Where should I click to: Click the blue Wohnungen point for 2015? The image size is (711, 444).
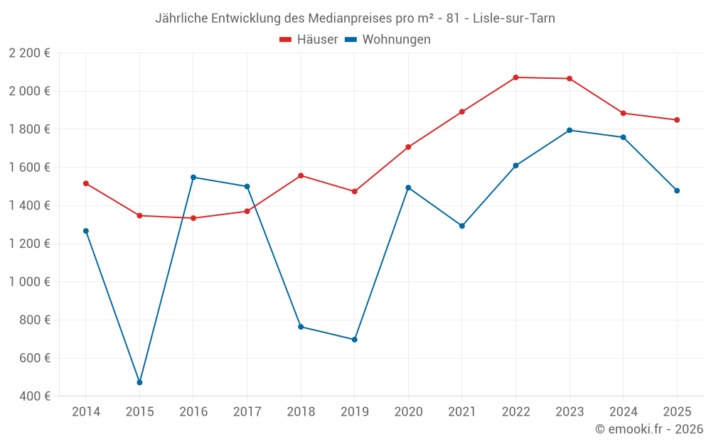pos(139,382)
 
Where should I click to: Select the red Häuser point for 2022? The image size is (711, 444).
pos(515,77)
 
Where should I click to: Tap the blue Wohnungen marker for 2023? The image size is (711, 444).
pos(570,130)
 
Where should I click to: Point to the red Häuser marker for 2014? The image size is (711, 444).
pos(86,183)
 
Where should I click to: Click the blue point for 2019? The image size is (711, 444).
pos(354,340)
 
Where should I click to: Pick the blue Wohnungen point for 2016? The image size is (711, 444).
pos(193,177)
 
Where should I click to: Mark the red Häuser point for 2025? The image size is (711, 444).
pos(677,120)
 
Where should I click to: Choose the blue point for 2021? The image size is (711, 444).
pos(462,226)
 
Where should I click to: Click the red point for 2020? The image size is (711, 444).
pos(408,147)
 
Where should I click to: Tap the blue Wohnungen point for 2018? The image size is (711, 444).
pos(301,327)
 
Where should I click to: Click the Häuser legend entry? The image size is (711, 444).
pos(309,40)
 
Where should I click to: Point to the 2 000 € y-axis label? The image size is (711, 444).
pos(29,91)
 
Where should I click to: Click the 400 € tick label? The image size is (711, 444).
pos(34,396)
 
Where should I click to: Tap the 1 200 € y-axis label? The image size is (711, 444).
pos(29,244)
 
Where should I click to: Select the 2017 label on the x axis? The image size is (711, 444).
pos(247,411)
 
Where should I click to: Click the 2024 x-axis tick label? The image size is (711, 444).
pos(623,411)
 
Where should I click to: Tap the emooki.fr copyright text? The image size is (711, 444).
pos(649,429)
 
